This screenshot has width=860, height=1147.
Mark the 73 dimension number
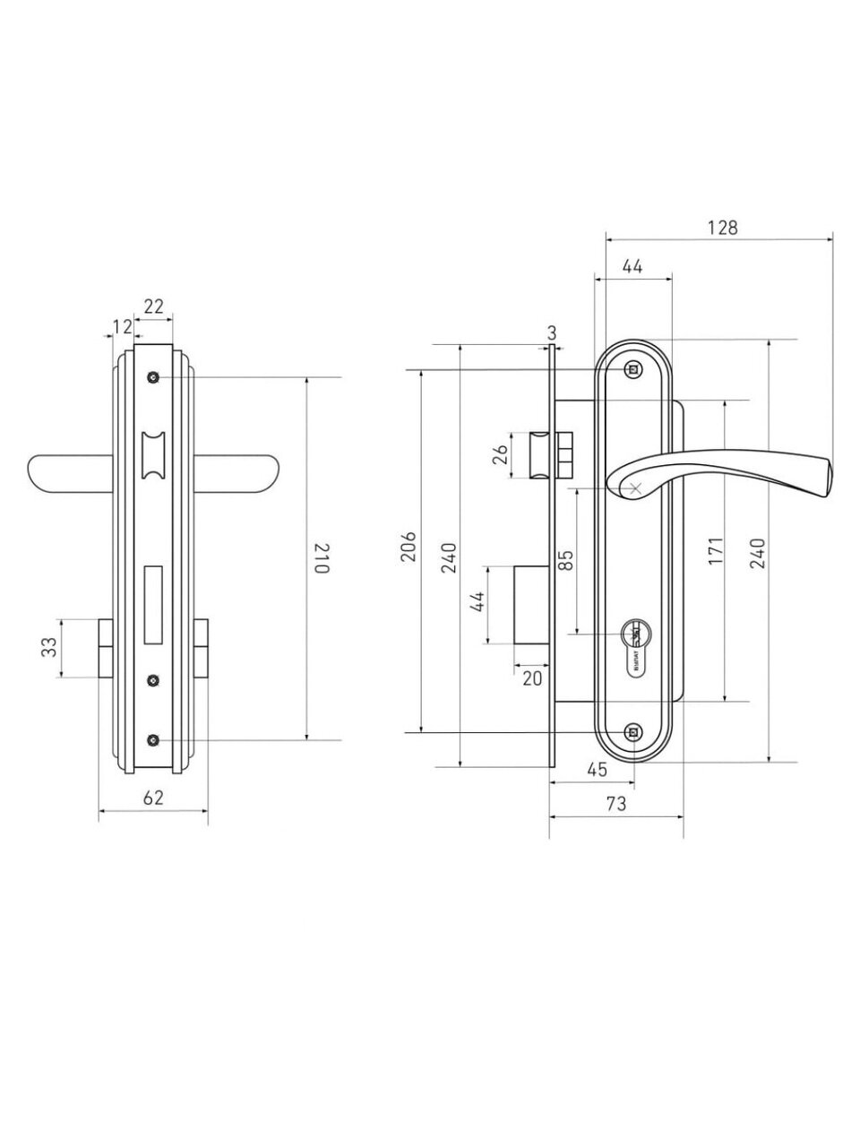tap(615, 804)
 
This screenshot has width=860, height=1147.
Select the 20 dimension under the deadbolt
tap(532, 678)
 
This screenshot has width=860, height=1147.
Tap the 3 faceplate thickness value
tap(552, 332)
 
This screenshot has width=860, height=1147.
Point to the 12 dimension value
tap(122, 327)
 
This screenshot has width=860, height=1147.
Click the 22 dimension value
tap(153, 306)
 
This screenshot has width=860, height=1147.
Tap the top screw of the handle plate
tap(634, 369)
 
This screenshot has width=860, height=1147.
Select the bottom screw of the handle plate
tap(634, 733)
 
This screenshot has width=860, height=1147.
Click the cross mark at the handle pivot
tap(634, 488)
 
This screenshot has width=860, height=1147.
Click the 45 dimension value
tap(598, 769)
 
